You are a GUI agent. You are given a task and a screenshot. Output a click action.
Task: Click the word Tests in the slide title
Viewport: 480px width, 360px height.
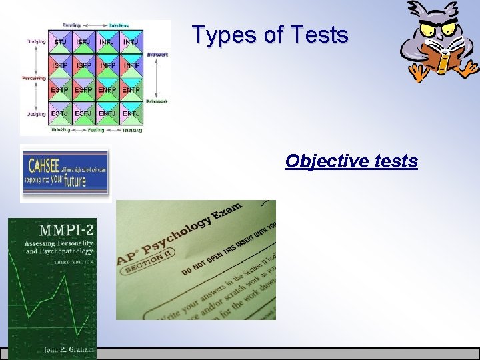[x=317, y=34]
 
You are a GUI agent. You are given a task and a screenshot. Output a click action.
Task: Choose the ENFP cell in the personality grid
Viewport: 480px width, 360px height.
[x=107, y=89]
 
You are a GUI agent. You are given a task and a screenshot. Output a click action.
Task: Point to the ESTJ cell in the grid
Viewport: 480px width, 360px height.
[x=59, y=113]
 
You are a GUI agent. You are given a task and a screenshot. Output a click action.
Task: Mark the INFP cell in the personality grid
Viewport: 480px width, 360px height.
[x=107, y=65]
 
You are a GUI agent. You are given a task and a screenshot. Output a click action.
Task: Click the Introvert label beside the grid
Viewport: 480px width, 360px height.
[x=157, y=55]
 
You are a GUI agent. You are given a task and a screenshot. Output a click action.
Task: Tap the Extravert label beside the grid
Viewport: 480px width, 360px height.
[x=157, y=102]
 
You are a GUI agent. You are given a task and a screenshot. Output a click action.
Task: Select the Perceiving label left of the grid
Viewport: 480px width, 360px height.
[x=33, y=78]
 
